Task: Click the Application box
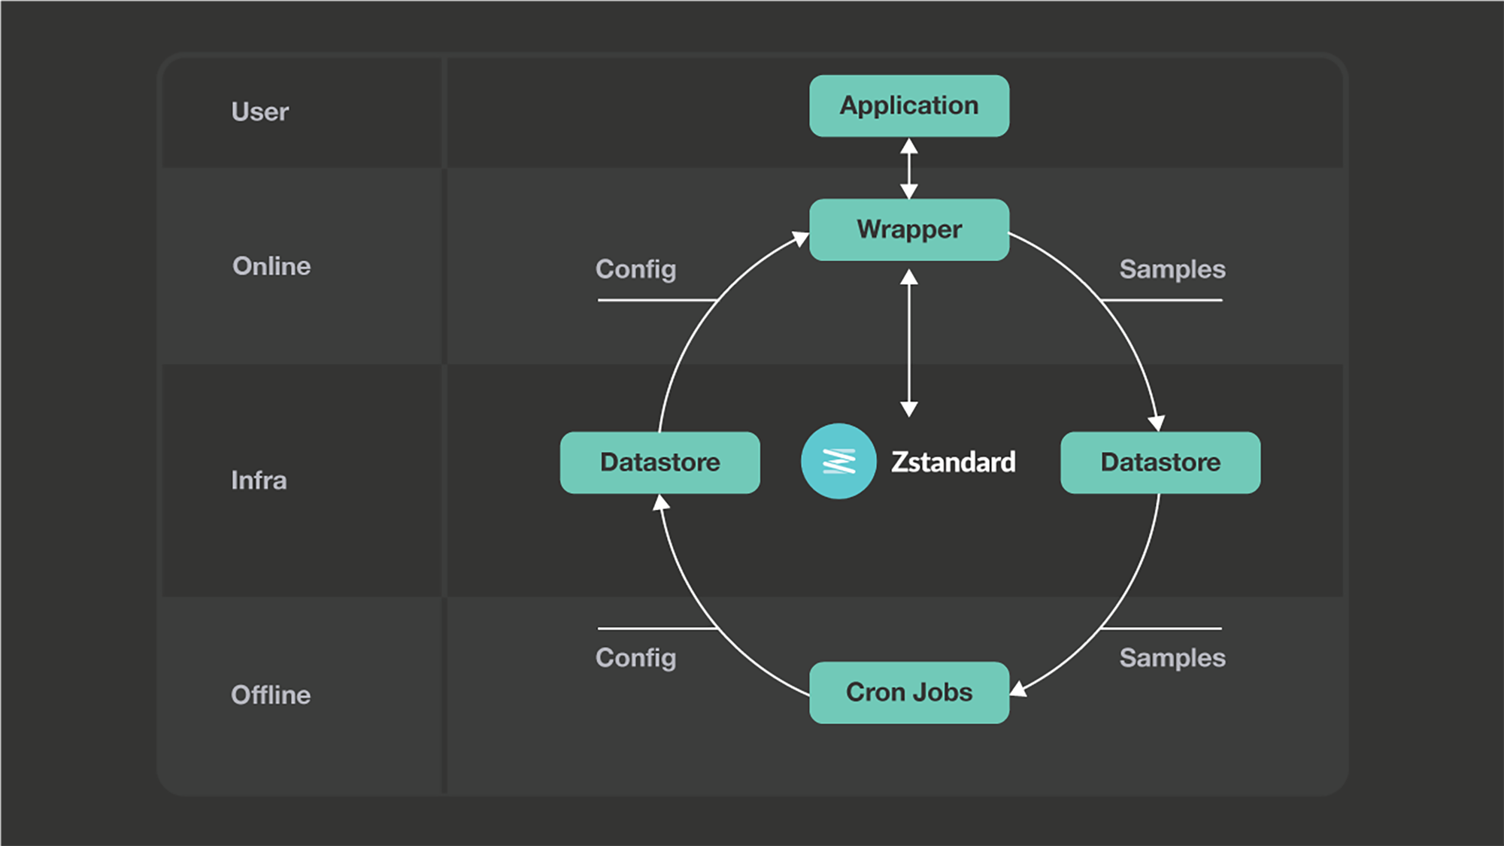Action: pyautogui.click(x=909, y=106)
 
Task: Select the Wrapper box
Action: pyautogui.click(x=909, y=230)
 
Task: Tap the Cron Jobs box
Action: pyautogui.click(x=909, y=693)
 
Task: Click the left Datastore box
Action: pyautogui.click(x=660, y=462)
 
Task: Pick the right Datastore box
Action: pyautogui.click(x=1160, y=462)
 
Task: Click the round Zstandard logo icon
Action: pyautogui.click(x=838, y=461)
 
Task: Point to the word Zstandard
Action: pyautogui.click(x=954, y=462)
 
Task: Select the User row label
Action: pyautogui.click(x=259, y=112)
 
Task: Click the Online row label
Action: pyautogui.click(x=271, y=266)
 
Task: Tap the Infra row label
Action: pyautogui.click(x=259, y=481)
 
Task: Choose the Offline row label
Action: pyautogui.click(x=271, y=695)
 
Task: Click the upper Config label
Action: pyautogui.click(x=635, y=269)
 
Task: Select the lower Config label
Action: pyautogui.click(x=635, y=658)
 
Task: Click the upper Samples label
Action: pyautogui.click(x=1172, y=269)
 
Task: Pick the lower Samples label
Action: pyautogui.click(x=1172, y=658)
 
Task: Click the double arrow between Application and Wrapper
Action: pyautogui.click(x=909, y=168)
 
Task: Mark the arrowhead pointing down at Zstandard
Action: pyautogui.click(x=909, y=408)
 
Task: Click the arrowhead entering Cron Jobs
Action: pyautogui.click(x=1019, y=689)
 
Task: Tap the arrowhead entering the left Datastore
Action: pyautogui.click(x=660, y=503)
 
